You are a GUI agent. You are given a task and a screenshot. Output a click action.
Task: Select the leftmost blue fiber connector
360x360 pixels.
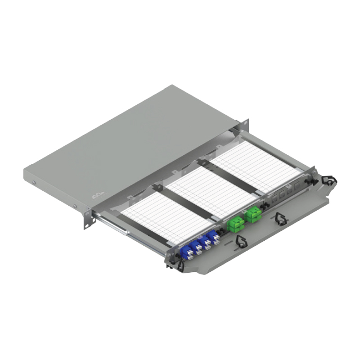coord(185,249)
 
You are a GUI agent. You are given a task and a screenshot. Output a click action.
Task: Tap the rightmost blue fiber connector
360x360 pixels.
coord(216,236)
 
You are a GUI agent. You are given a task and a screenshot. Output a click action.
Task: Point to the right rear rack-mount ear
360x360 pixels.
coord(245,124)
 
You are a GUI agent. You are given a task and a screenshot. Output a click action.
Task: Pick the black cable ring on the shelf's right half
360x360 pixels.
coord(280,219)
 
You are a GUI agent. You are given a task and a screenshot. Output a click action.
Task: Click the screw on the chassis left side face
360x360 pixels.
coord(34,182)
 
